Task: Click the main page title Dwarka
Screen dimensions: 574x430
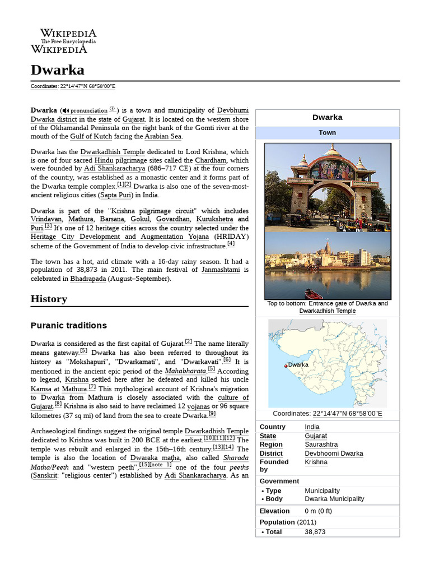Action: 57,70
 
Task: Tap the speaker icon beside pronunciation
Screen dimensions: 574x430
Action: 66,111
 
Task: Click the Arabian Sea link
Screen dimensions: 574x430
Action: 163,136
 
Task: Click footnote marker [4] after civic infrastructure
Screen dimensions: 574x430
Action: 231,244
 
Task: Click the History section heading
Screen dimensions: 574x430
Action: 49,299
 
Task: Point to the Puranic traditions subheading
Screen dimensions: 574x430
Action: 68,326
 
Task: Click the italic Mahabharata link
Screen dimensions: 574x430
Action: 185,371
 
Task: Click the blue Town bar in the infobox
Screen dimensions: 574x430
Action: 328,133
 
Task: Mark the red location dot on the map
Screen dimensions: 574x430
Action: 286,365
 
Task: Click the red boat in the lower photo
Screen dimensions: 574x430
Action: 313,294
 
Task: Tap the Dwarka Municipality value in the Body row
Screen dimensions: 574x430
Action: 334,499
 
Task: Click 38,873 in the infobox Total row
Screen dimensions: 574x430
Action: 315,532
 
